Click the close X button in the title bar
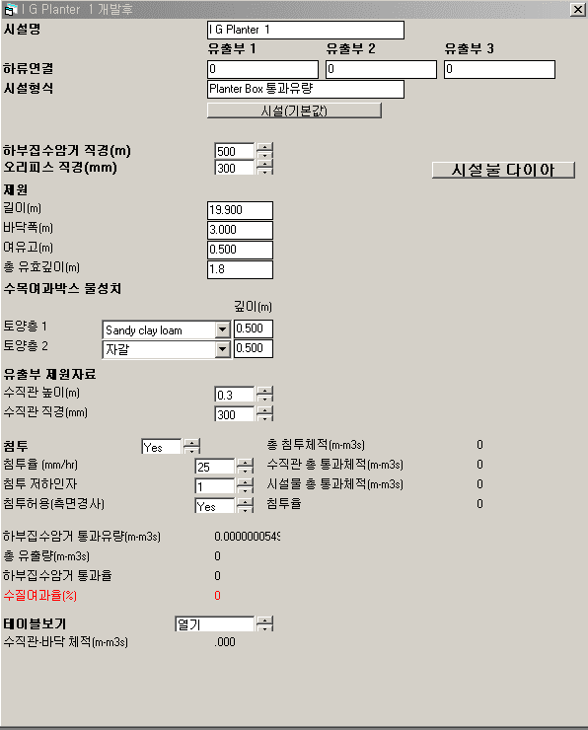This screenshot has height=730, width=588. [x=578, y=9]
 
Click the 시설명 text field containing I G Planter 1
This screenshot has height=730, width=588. [x=306, y=30]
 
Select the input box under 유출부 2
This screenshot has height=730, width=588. [x=381, y=69]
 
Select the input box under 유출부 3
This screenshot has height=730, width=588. [x=499, y=69]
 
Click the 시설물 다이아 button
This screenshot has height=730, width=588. [x=503, y=170]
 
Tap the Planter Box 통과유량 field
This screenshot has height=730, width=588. [x=306, y=89]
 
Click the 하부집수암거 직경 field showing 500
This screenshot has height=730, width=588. [x=234, y=151]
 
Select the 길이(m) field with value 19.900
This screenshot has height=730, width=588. [x=240, y=210]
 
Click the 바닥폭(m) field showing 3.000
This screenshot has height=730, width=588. [x=240, y=230]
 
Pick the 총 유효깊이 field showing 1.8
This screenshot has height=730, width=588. [x=240, y=269]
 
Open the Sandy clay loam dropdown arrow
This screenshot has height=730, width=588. [x=223, y=330]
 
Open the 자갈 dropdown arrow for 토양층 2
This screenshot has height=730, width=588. [x=223, y=349]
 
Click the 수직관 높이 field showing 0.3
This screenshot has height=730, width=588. [x=234, y=395]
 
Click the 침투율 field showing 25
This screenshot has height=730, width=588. [x=215, y=467]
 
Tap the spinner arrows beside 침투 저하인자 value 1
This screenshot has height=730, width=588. [x=245, y=486]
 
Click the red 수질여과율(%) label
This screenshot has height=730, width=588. [x=40, y=596]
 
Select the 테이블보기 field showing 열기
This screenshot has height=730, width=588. [x=215, y=623]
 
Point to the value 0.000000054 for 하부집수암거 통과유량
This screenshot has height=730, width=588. [x=248, y=537]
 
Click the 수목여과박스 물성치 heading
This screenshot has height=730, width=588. [x=62, y=289]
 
